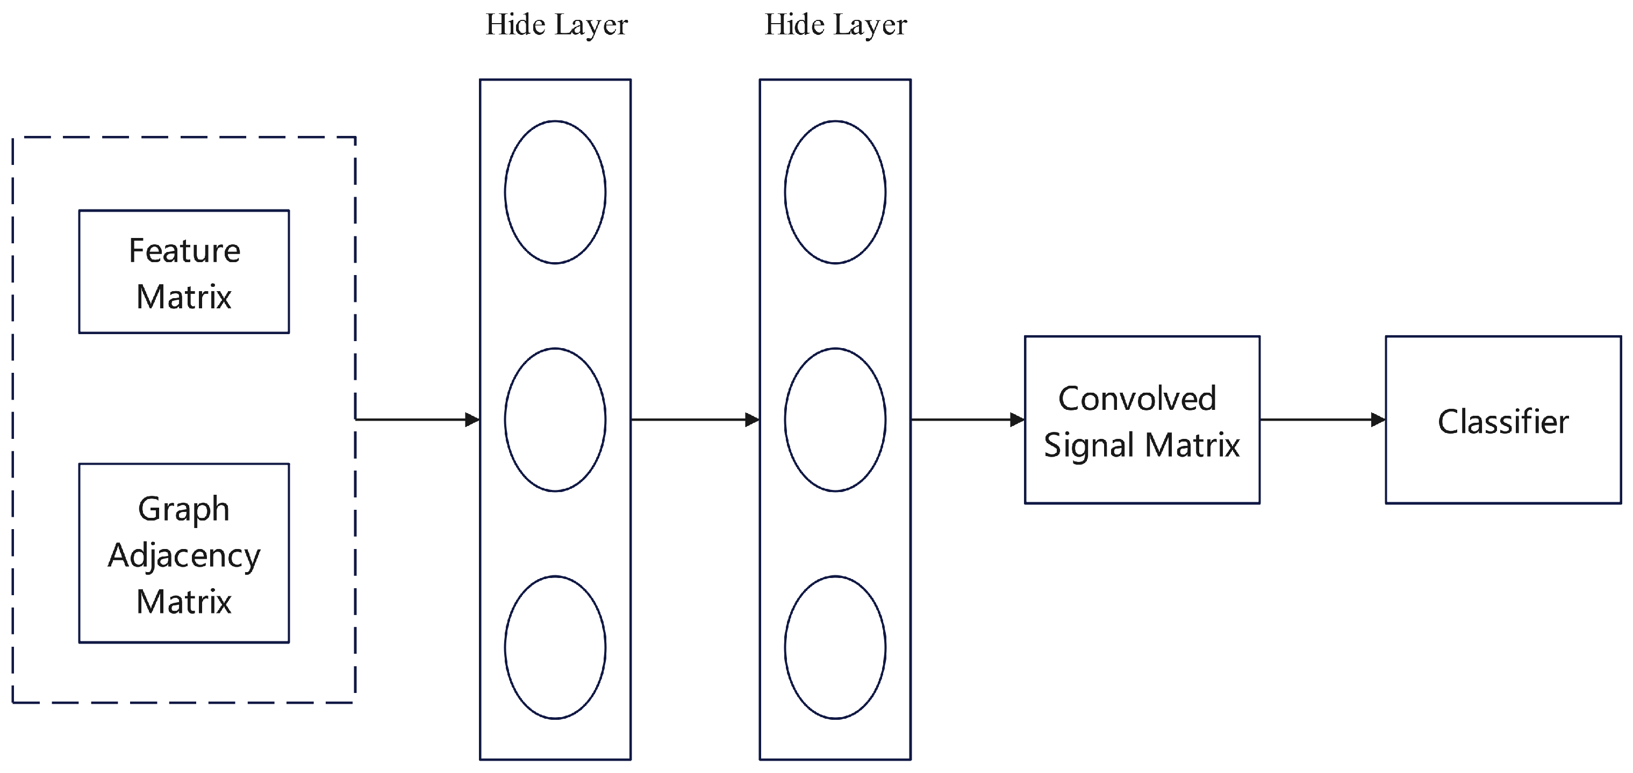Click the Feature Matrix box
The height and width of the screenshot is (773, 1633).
click(x=184, y=272)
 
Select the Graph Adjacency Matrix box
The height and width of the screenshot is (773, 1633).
click(x=184, y=553)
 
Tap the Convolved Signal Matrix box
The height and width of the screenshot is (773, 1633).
click(x=1142, y=420)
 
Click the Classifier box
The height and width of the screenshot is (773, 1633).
click(x=1503, y=420)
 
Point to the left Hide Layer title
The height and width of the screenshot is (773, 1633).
click(x=556, y=25)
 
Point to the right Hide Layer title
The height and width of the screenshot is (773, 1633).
click(x=835, y=25)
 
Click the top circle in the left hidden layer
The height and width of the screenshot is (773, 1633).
click(x=555, y=192)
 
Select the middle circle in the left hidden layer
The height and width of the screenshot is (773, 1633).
click(x=555, y=420)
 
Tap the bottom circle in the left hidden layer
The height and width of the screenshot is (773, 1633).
click(x=555, y=647)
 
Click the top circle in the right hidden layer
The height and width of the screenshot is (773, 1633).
click(x=835, y=192)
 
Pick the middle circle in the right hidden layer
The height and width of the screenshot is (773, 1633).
click(x=835, y=420)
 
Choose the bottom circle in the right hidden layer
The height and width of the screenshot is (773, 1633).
click(x=835, y=647)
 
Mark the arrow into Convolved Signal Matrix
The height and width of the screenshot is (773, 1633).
click(x=968, y=420)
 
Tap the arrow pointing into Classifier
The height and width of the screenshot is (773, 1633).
click(x=1322, y=420)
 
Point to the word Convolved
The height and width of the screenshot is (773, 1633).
click(x=1137, y=399)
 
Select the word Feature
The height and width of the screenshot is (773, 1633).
click(x=184, y=251)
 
